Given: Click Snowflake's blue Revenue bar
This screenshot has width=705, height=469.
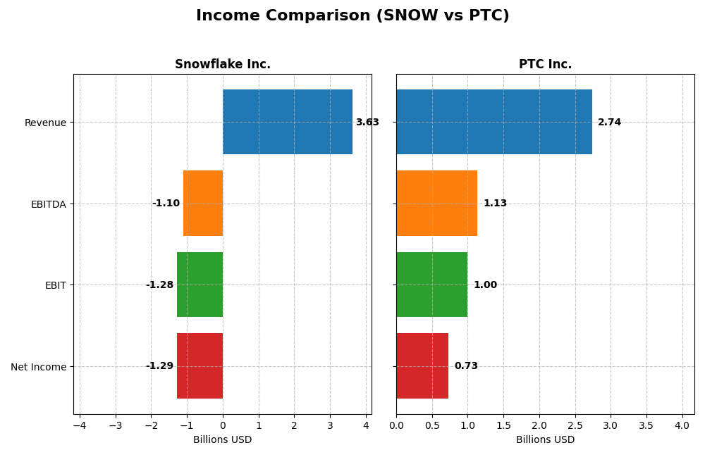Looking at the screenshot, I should click(288, 122).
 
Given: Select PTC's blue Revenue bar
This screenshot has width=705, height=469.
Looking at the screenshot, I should click(493, 122).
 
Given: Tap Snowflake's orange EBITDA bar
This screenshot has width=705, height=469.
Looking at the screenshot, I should click(203, 203).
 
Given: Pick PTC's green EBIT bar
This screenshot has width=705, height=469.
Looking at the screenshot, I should click(431, 284).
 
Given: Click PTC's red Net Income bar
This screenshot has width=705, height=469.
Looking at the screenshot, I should click(422, 365).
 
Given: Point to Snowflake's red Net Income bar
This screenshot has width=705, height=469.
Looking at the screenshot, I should click(200, 365).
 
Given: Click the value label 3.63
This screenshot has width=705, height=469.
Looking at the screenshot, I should click(367, 123).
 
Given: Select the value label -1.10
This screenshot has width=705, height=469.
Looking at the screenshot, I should click(166, 204).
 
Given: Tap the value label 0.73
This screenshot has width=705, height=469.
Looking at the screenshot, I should click(466, 366).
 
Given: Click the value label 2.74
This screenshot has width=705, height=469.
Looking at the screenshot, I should click(609, 123).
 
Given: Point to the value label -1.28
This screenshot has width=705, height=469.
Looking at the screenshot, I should click(159, 285).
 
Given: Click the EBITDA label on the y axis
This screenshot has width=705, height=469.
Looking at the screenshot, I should click(48, 204).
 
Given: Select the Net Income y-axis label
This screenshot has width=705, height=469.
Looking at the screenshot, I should click(38, 367).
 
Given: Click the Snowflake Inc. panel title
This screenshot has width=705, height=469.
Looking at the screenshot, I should click(223, 65).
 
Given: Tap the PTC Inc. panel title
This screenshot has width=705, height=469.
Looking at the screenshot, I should click(545, 65).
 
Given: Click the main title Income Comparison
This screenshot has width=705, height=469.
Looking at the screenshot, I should click(352, 15).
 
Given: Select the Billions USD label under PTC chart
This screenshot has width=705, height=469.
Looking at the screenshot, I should click(545, 440).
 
